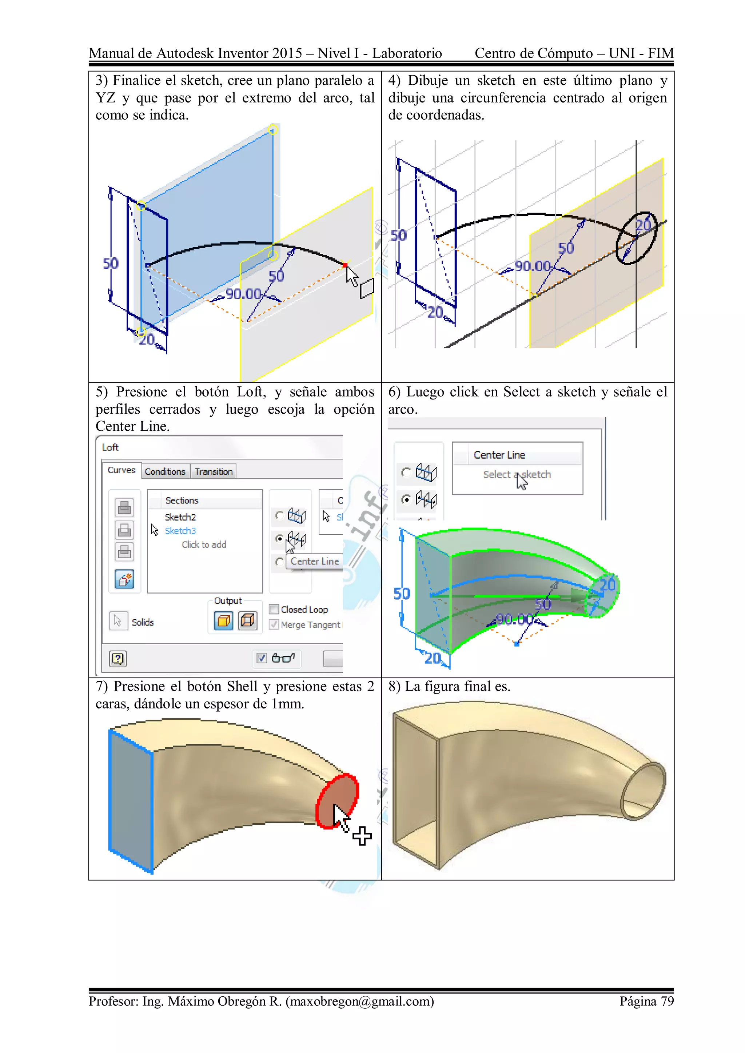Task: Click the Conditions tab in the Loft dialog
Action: pos(165,471)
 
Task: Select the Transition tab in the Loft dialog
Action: pos(214,471)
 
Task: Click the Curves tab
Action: pos(121,470)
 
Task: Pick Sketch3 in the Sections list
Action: pos(180,531)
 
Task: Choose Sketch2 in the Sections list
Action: pos(180,517)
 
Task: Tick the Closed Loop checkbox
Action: pos(274,609)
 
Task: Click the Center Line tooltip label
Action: pos(314,561)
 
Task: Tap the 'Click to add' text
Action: pos(204,544)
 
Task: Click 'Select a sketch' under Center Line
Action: pos(517,475)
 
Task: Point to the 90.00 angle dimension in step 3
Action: pos(243,294)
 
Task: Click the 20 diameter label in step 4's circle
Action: pos(643,225)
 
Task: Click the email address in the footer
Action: pos(359,1001)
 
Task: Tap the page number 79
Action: pos(667,1001)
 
